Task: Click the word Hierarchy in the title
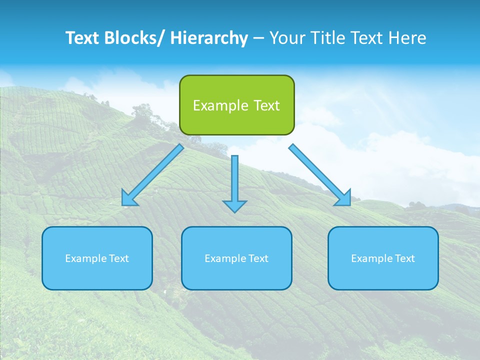(x=209, y=38)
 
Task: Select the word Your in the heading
(x=286, y=38)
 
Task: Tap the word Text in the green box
(x=266, y=105)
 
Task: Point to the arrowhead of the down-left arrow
(x=129, y=198)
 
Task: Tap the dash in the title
(x=258, y=38)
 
